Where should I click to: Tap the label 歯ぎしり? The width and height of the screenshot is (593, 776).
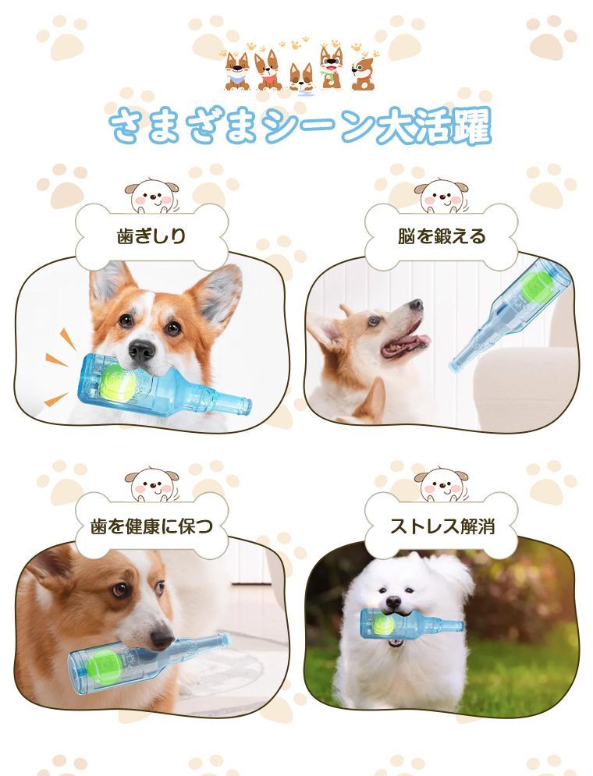[x=151, y=236]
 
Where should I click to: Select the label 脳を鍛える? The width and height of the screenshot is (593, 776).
[x=442, y=236]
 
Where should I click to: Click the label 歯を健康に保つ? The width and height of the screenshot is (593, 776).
[x=151, y=526]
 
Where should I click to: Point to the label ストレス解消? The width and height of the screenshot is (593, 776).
[x=442, y=526]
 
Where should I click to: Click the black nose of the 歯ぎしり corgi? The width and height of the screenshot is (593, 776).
[x=142, y=351]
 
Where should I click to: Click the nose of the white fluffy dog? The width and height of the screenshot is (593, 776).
[x=393, y=602]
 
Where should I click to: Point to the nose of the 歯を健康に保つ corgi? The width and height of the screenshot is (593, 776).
[x=162, y=637]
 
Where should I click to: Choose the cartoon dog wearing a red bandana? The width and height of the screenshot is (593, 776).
[x=268, y=71]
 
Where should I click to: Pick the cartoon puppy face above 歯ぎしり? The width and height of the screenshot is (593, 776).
[x=151, y=196]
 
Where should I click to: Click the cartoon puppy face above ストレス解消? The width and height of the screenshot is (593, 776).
[x=442, y=485]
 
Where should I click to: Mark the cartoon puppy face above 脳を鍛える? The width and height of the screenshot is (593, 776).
[x=442, y=196]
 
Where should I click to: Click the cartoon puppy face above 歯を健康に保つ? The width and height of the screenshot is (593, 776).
[x=151, y=485]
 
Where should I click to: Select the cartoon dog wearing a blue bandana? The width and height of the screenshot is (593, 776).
[x=237, y=72]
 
